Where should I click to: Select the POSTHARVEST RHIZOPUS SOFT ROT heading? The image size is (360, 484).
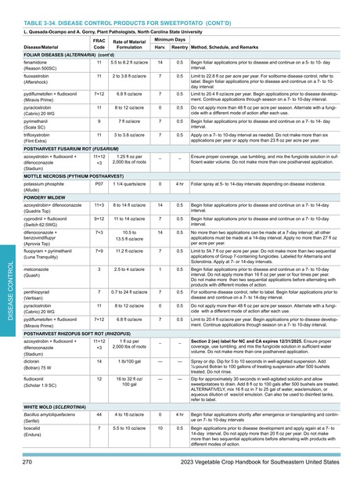coord(83,333)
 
